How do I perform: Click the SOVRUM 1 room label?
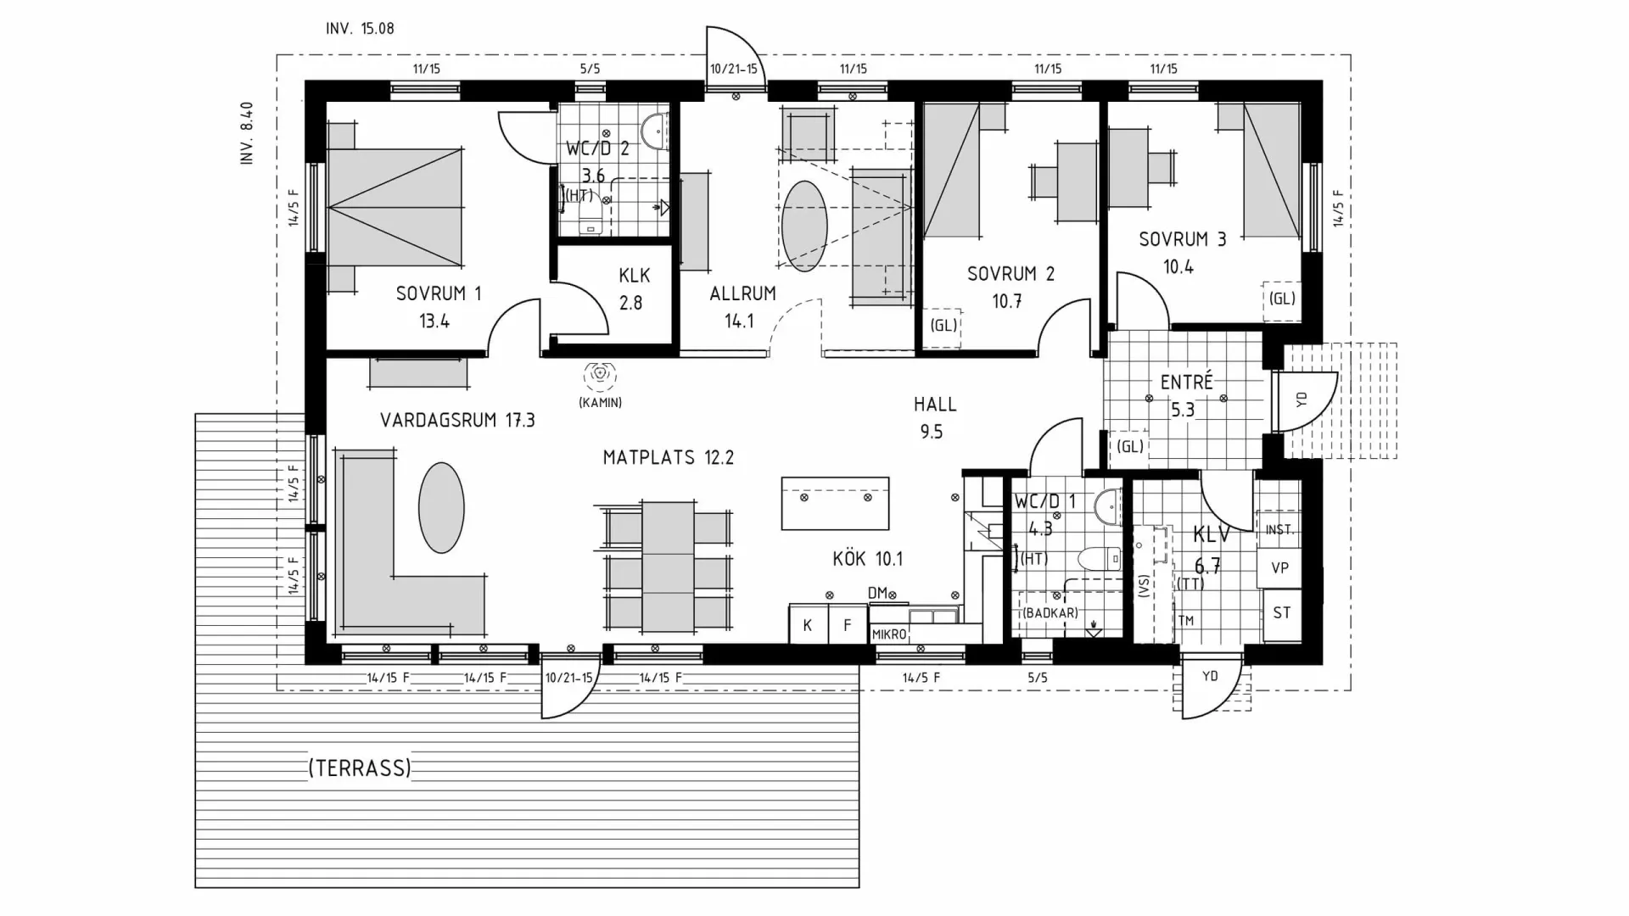coord(439,293)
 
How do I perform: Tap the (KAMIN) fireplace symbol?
coord(601,374)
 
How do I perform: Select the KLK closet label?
coord(635,276)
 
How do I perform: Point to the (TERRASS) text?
coord(360,768)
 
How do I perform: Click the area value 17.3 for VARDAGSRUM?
coord(519,420)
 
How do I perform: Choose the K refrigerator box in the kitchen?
coord(808,625)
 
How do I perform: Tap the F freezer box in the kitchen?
coord(847,625)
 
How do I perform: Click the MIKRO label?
coord(889,634)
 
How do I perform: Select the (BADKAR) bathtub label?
coord(1050,613)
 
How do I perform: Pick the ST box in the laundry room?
coord(1281,612)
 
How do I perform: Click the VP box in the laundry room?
coord(1280,567)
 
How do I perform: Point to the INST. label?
coord(1279,530)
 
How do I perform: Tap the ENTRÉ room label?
coord(1187,382)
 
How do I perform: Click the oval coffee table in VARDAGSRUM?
coord(441,508)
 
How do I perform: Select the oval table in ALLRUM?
coord(804,226)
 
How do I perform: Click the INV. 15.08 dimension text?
coord(360,29)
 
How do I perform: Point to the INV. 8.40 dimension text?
coord(247,132)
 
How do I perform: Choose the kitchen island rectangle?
coord(835,504)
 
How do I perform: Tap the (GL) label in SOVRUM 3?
coord(1282,299)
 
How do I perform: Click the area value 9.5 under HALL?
coord(932,432)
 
